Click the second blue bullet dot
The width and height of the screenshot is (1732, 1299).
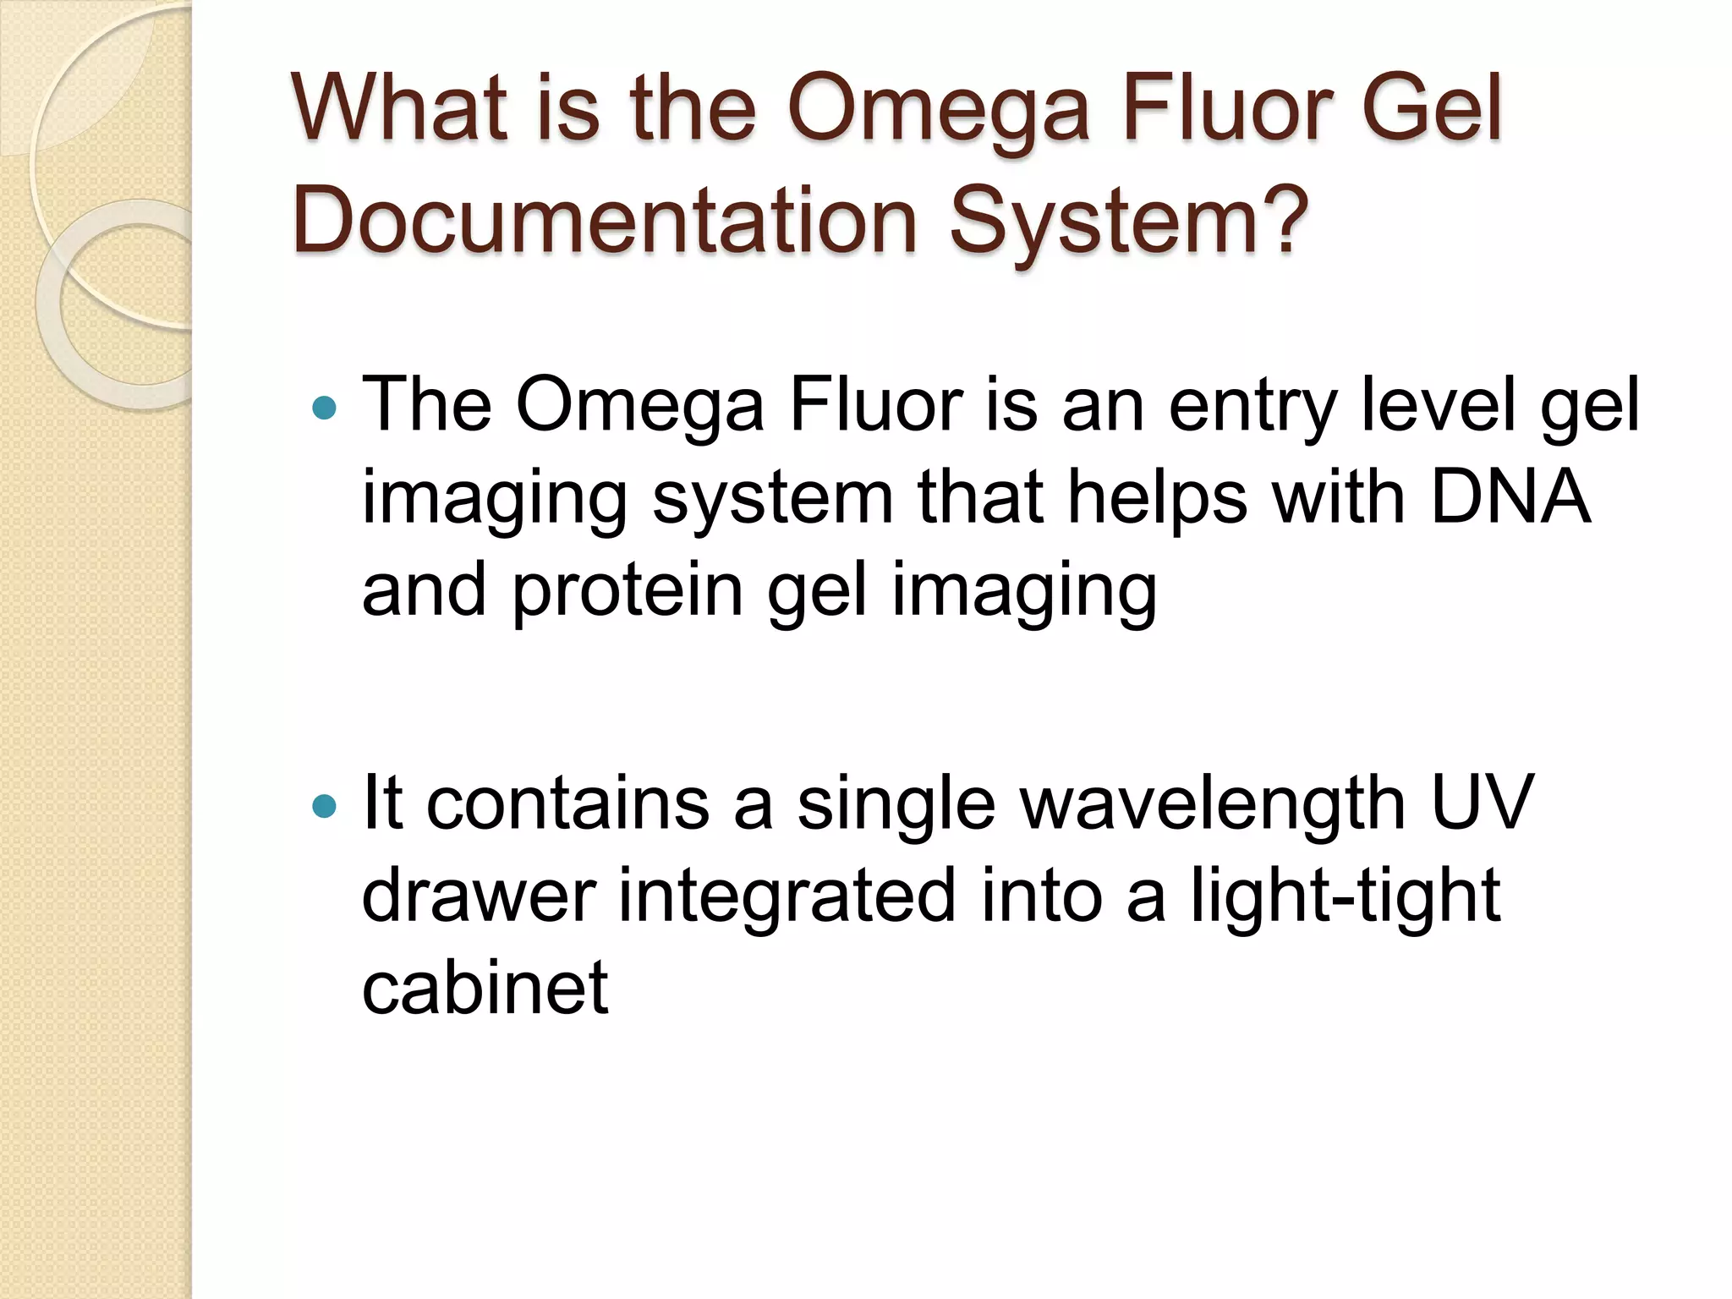(324, 806)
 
